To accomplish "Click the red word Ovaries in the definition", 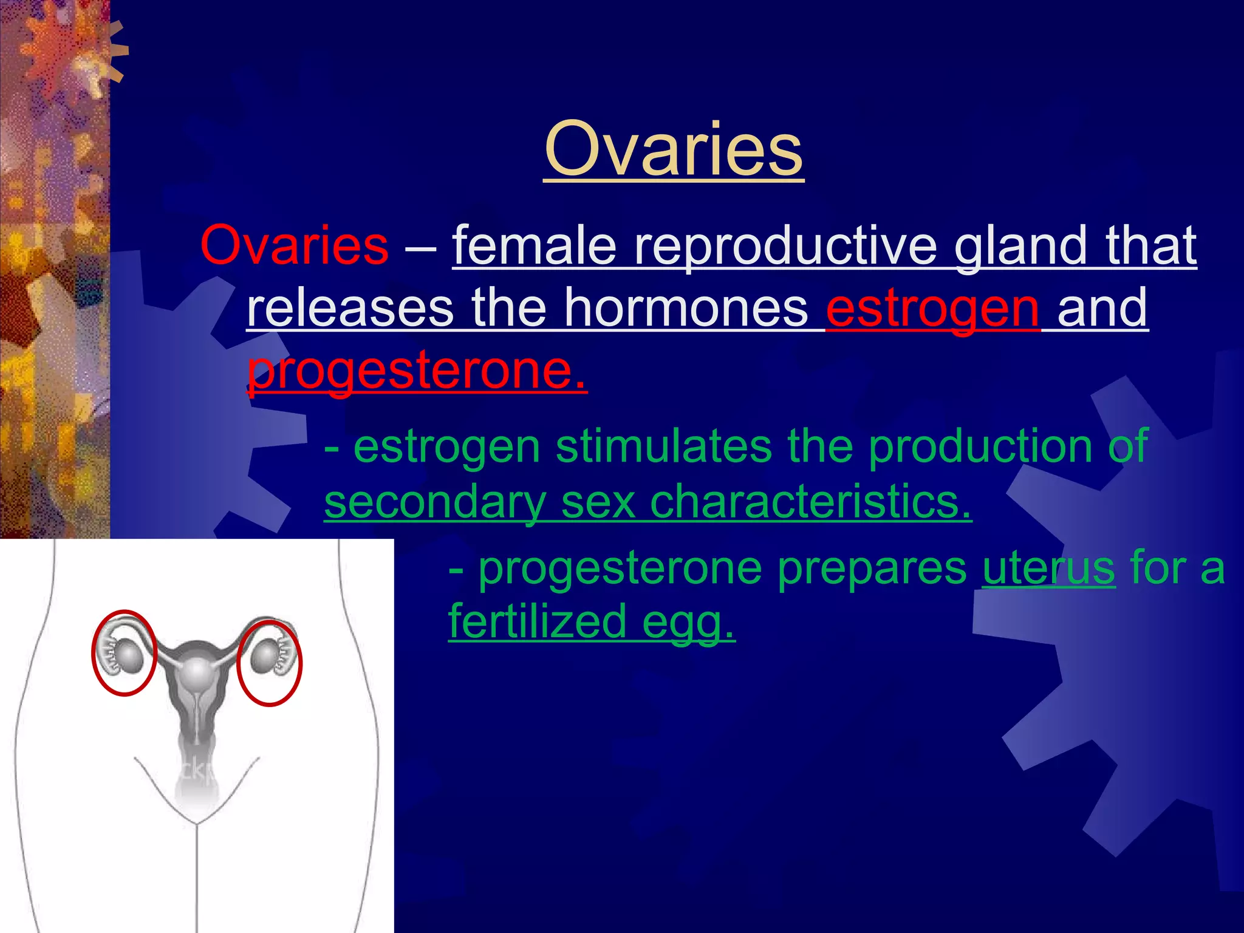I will (294, 245).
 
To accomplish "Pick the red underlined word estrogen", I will (932, 309).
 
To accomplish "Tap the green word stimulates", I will (663, 446).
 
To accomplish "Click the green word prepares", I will (872, 568).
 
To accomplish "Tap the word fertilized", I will (537, 621).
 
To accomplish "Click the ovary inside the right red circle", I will (263, 658).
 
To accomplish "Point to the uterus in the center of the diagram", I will (196, 671).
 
